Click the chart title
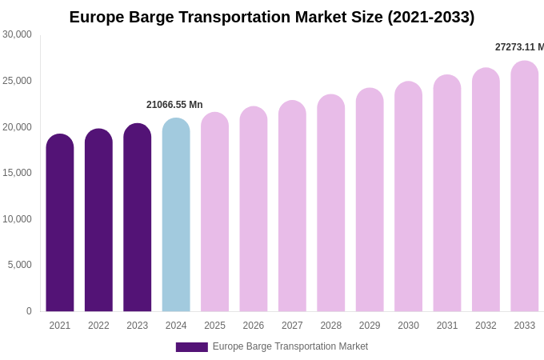(x=272, y=17)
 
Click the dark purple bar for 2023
(x=138, y=217)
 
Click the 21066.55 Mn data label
(x=174, y=105)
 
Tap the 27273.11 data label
(x=519, y=47)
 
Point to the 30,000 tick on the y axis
(x=17, y=34)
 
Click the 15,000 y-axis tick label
(x=17, y=173)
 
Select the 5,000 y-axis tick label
(x=20, y=265)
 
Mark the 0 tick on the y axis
(x=29, y=311)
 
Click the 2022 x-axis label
(x=98, y=326)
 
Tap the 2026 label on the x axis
(x=254, y=326)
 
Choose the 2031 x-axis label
(x=447, y=326)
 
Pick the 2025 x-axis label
(x=214, y=326)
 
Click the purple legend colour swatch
(x=192, y=347)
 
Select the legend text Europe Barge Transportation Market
(x=290, y=346)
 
